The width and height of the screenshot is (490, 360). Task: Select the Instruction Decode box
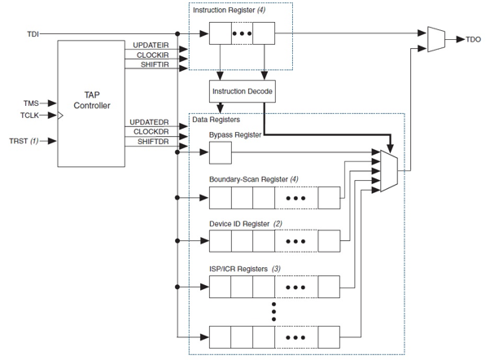(242, 91)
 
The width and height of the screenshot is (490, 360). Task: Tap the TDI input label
(32, 34)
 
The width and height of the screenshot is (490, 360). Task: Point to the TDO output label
(473, 38)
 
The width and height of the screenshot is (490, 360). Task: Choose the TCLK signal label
(30, 116)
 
